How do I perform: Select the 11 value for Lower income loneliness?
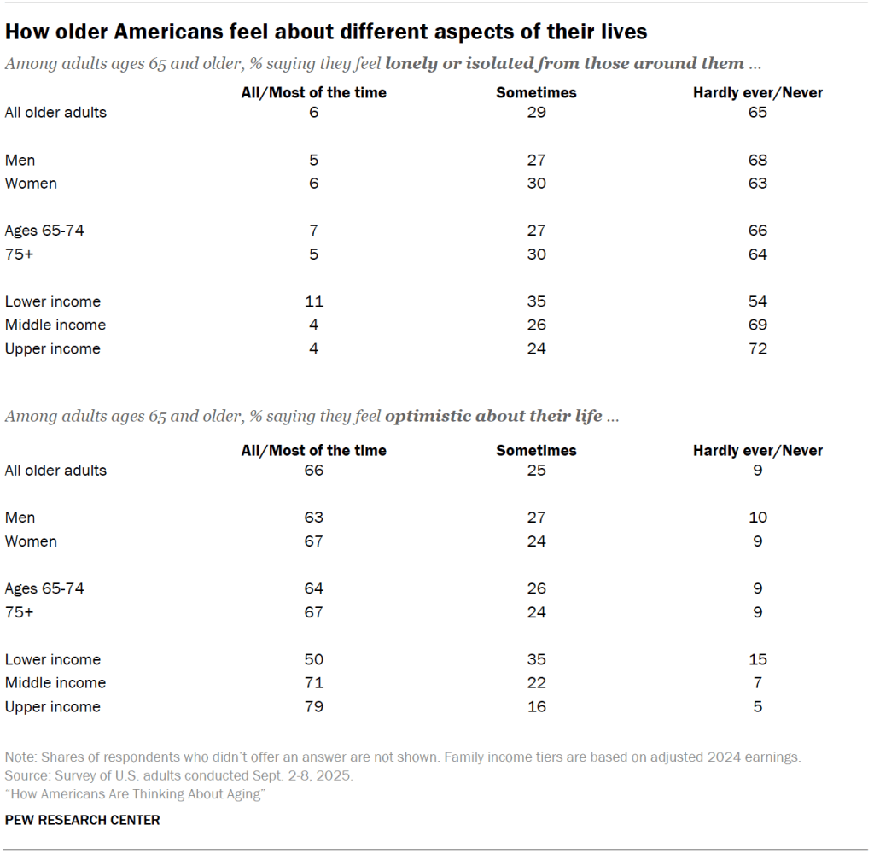[314, 301]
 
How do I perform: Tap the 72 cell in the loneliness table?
[758, 348]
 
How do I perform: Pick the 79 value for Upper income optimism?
[314, 706]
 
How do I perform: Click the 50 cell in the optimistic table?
[314, 659]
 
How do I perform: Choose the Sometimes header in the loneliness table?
[536, 92]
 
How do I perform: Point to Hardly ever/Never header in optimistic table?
[758, 450]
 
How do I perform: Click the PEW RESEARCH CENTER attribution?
[83, 820]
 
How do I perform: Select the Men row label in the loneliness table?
[20, 160]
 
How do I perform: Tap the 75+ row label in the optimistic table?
[20, 612]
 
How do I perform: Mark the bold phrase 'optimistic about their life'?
[493, 417]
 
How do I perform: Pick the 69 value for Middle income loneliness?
[758, 325]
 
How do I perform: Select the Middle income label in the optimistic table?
[55, 683]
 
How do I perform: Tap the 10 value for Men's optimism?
[758, 518]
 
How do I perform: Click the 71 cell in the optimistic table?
[314, 683]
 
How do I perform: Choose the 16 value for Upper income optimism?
[536, 706]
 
